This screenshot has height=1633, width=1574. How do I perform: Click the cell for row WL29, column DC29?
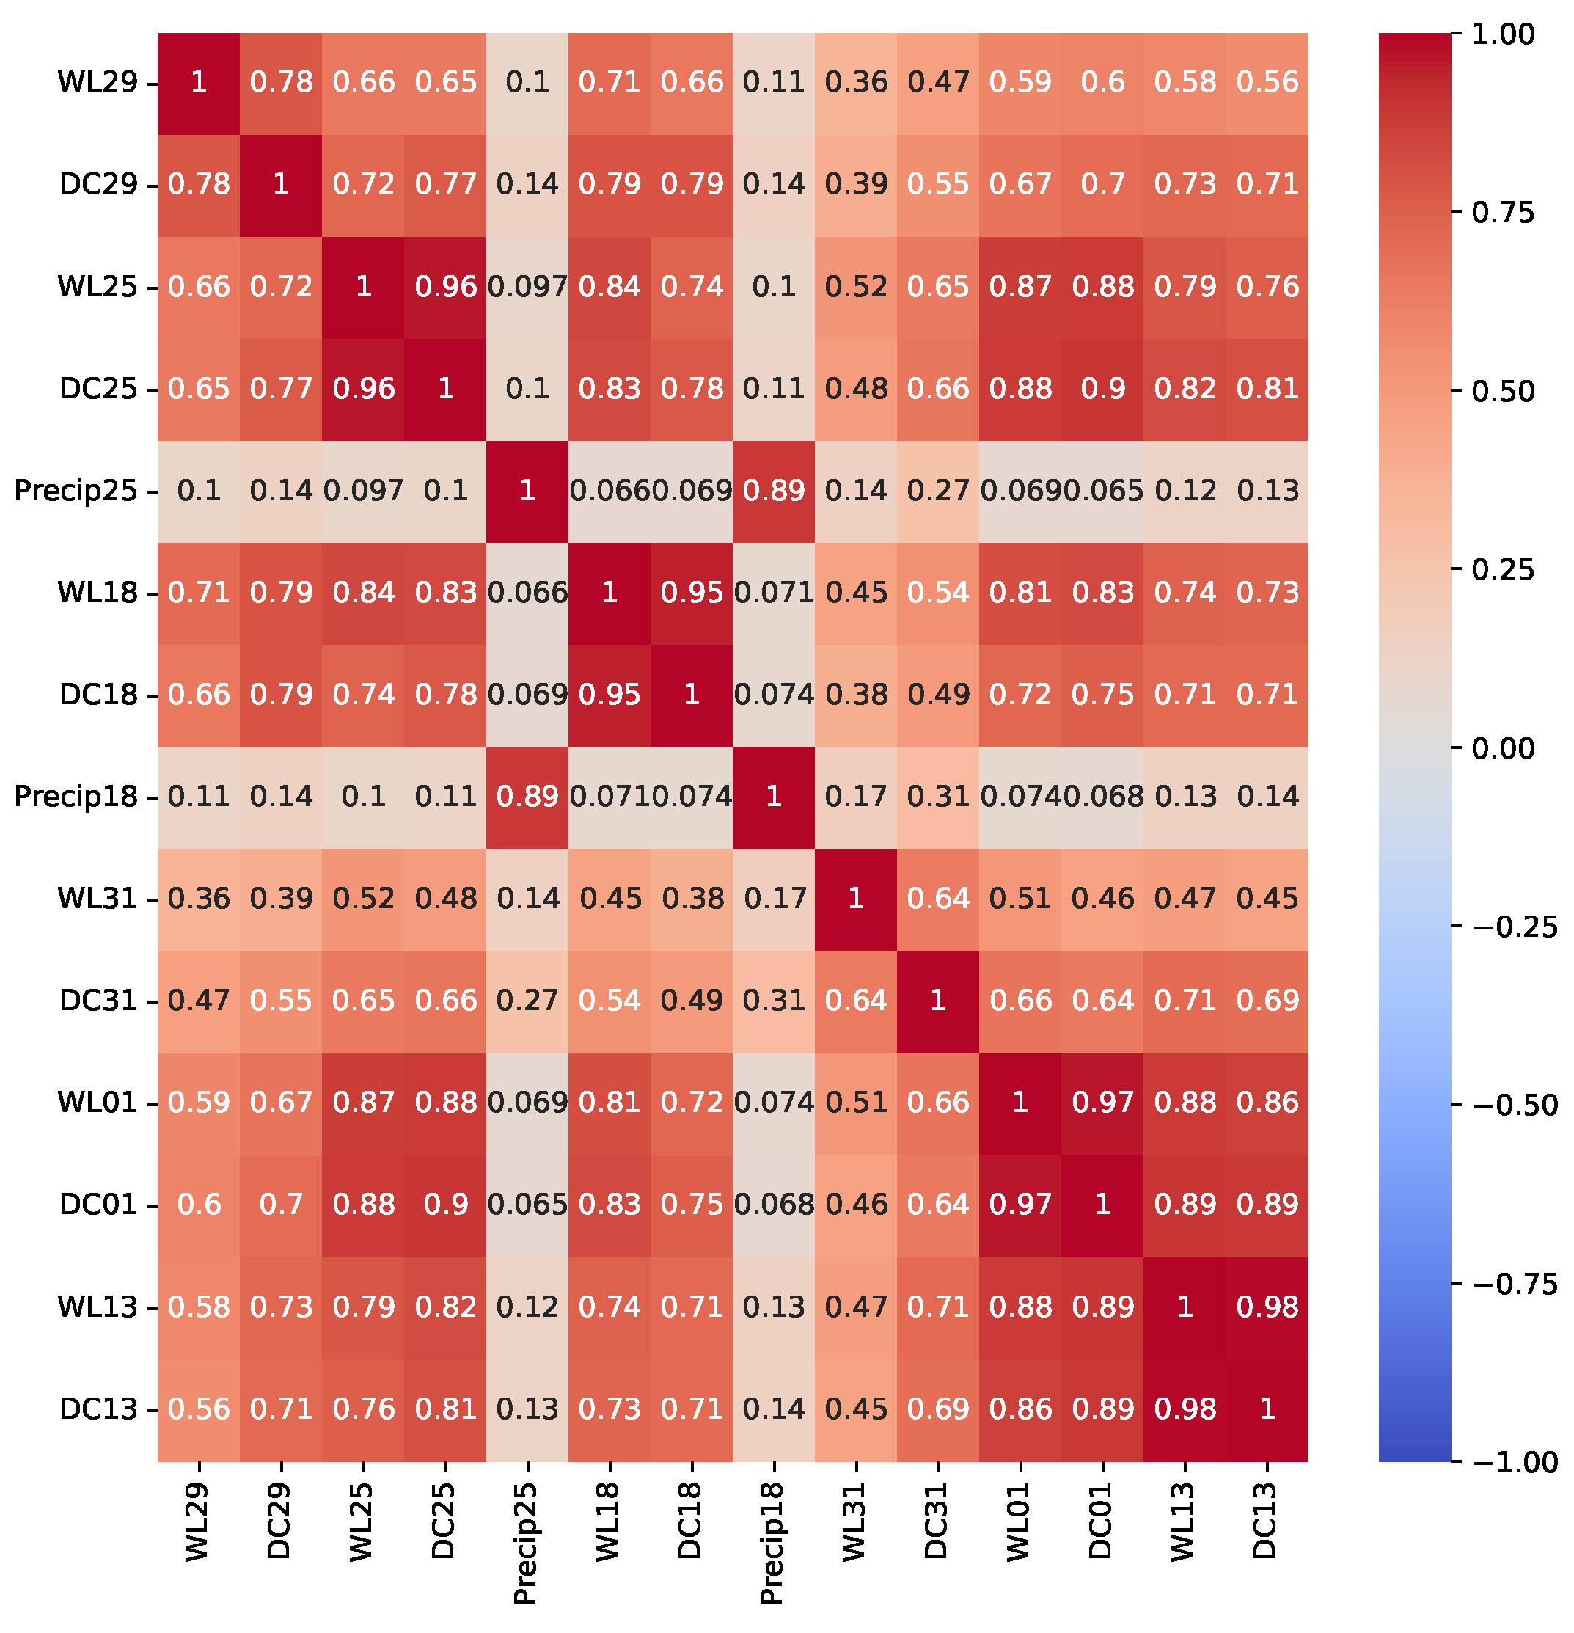[281, 82]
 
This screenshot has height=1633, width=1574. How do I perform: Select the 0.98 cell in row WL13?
[1267, 1307]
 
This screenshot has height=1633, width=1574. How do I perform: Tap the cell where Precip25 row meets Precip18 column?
[774, 491]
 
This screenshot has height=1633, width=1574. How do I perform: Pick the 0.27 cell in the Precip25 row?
[938, 491]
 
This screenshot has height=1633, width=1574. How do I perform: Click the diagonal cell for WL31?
[856, 899]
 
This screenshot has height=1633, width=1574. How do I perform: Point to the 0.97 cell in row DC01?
[1020, 1205]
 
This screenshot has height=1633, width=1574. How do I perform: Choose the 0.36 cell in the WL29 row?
[856, 82]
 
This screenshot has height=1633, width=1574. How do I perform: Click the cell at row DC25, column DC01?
[1102, 389]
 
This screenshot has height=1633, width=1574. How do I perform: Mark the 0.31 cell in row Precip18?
[938, 797]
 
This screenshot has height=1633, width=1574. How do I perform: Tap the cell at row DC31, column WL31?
[856, 1001]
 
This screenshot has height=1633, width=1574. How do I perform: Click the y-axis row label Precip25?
[75, 491]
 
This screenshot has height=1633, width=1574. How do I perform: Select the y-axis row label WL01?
[98, 1103]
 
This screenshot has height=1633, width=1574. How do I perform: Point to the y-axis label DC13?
[98, 1409]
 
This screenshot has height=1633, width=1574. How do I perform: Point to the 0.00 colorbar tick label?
[1502, 749]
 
